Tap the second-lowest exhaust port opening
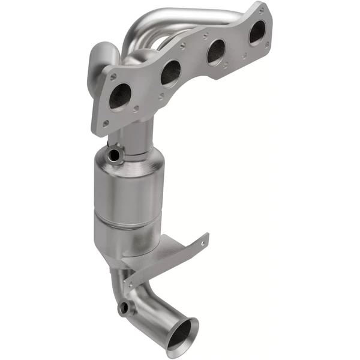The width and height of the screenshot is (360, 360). point(171,73)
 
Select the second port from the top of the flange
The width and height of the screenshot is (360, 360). point(216,52)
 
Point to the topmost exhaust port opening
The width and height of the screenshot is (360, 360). point(257,32)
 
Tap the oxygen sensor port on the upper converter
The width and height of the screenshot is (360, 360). point(113,155)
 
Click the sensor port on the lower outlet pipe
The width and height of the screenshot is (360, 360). point(124,308)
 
